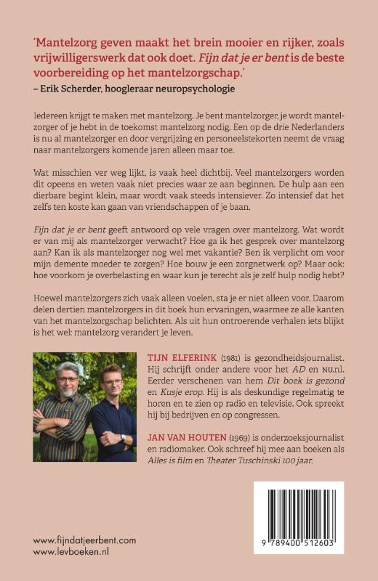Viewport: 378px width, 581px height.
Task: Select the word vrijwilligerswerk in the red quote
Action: pos(86,57)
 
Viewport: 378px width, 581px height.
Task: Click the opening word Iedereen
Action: pos(56,115)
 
